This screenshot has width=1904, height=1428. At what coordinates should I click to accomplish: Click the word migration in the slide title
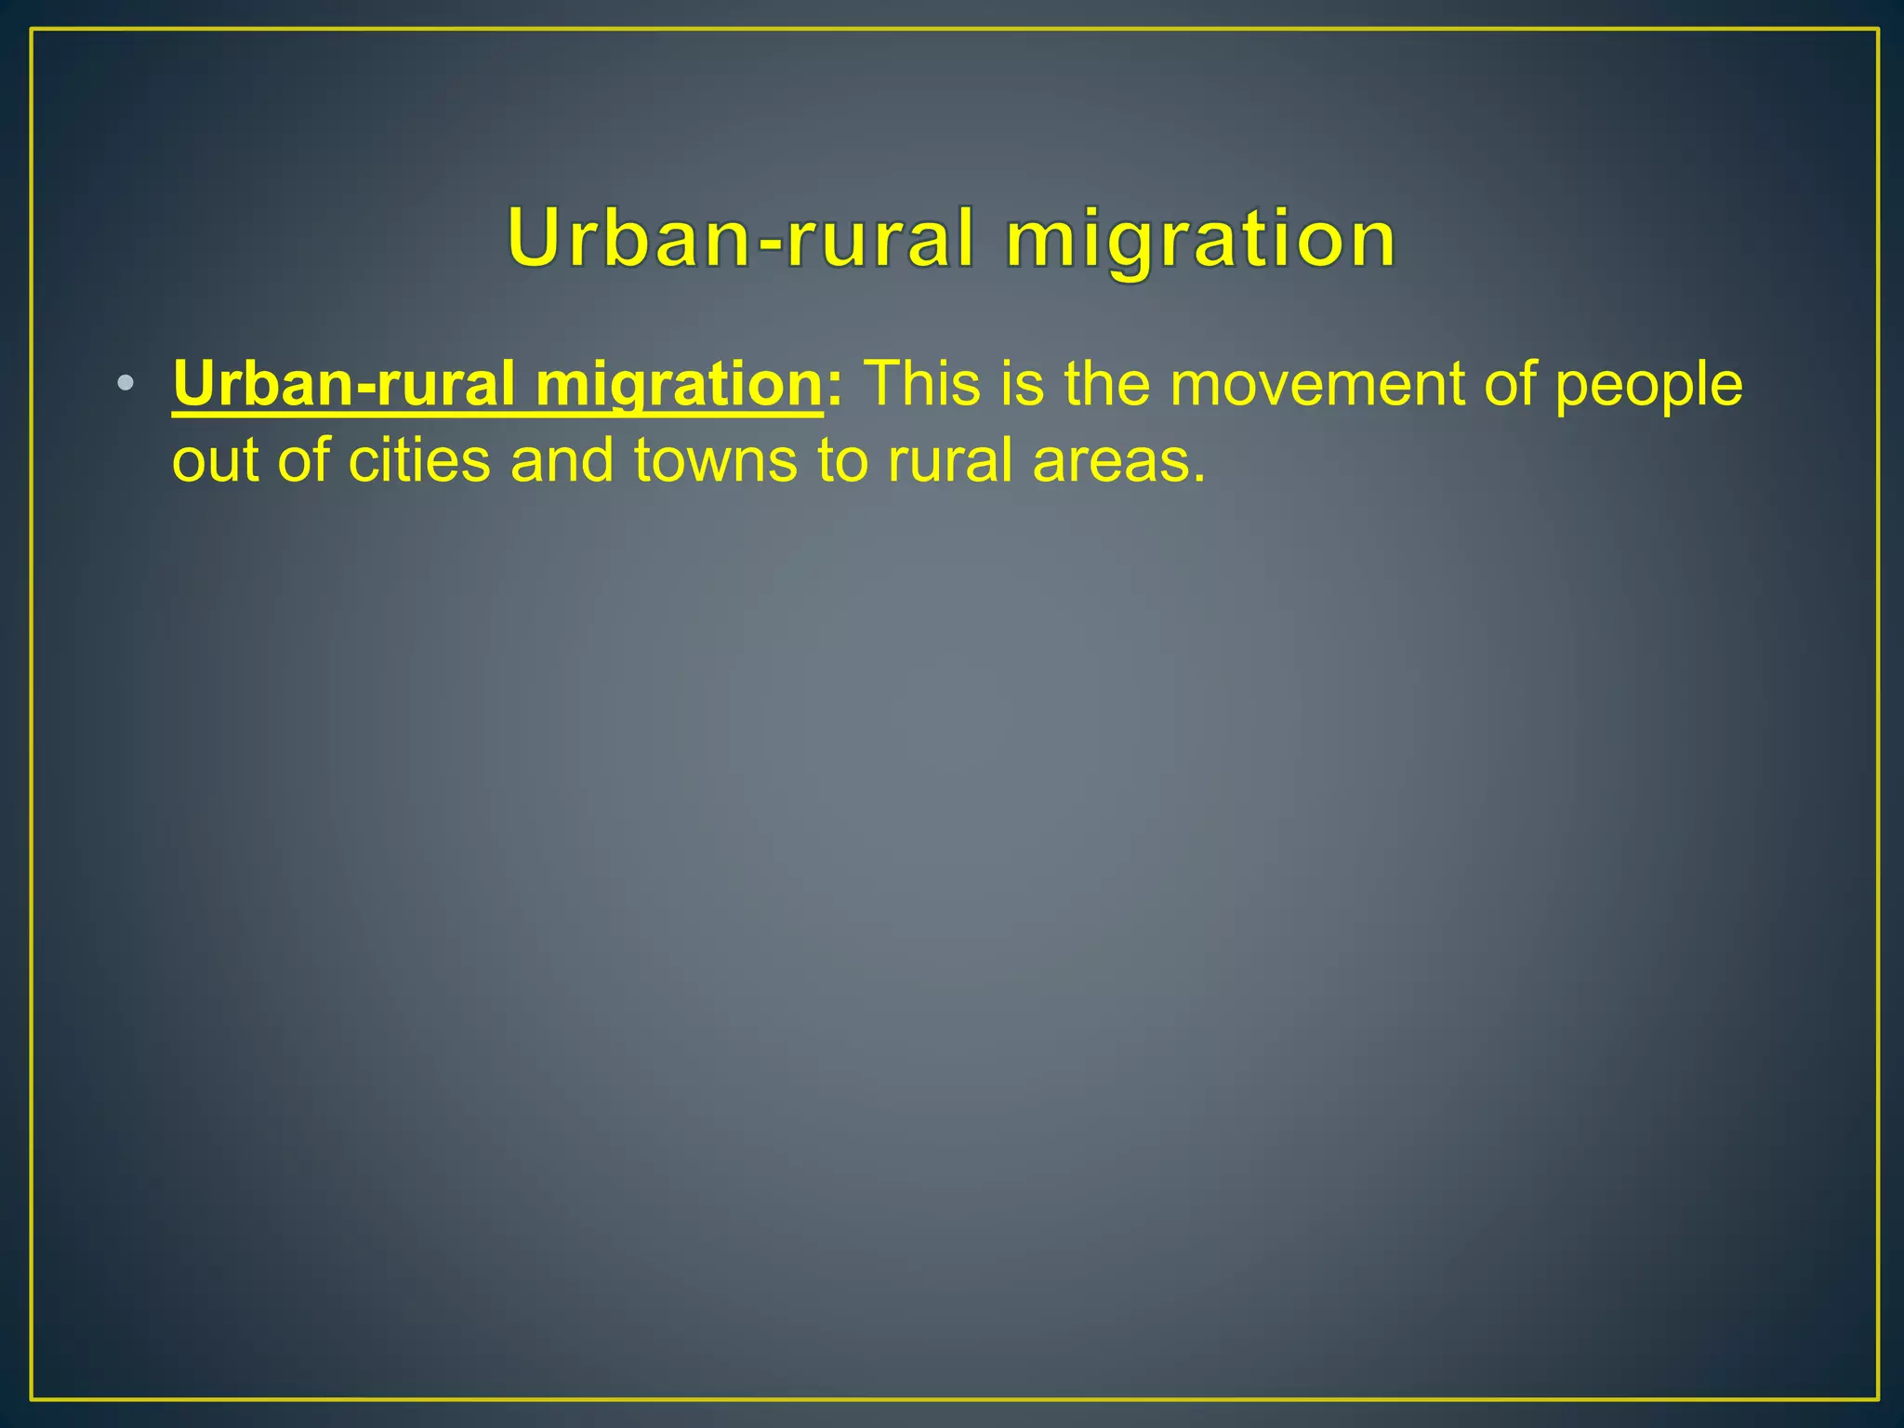[1200, 240]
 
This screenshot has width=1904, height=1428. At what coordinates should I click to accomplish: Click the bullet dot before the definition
[126, 383]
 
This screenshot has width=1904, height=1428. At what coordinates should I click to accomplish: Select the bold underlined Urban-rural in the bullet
[343, 383]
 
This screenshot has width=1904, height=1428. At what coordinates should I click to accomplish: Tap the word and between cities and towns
[562, 460]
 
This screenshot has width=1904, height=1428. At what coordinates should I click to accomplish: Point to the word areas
[1118, 461]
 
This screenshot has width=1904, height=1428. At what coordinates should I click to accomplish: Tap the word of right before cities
[304, 460]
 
